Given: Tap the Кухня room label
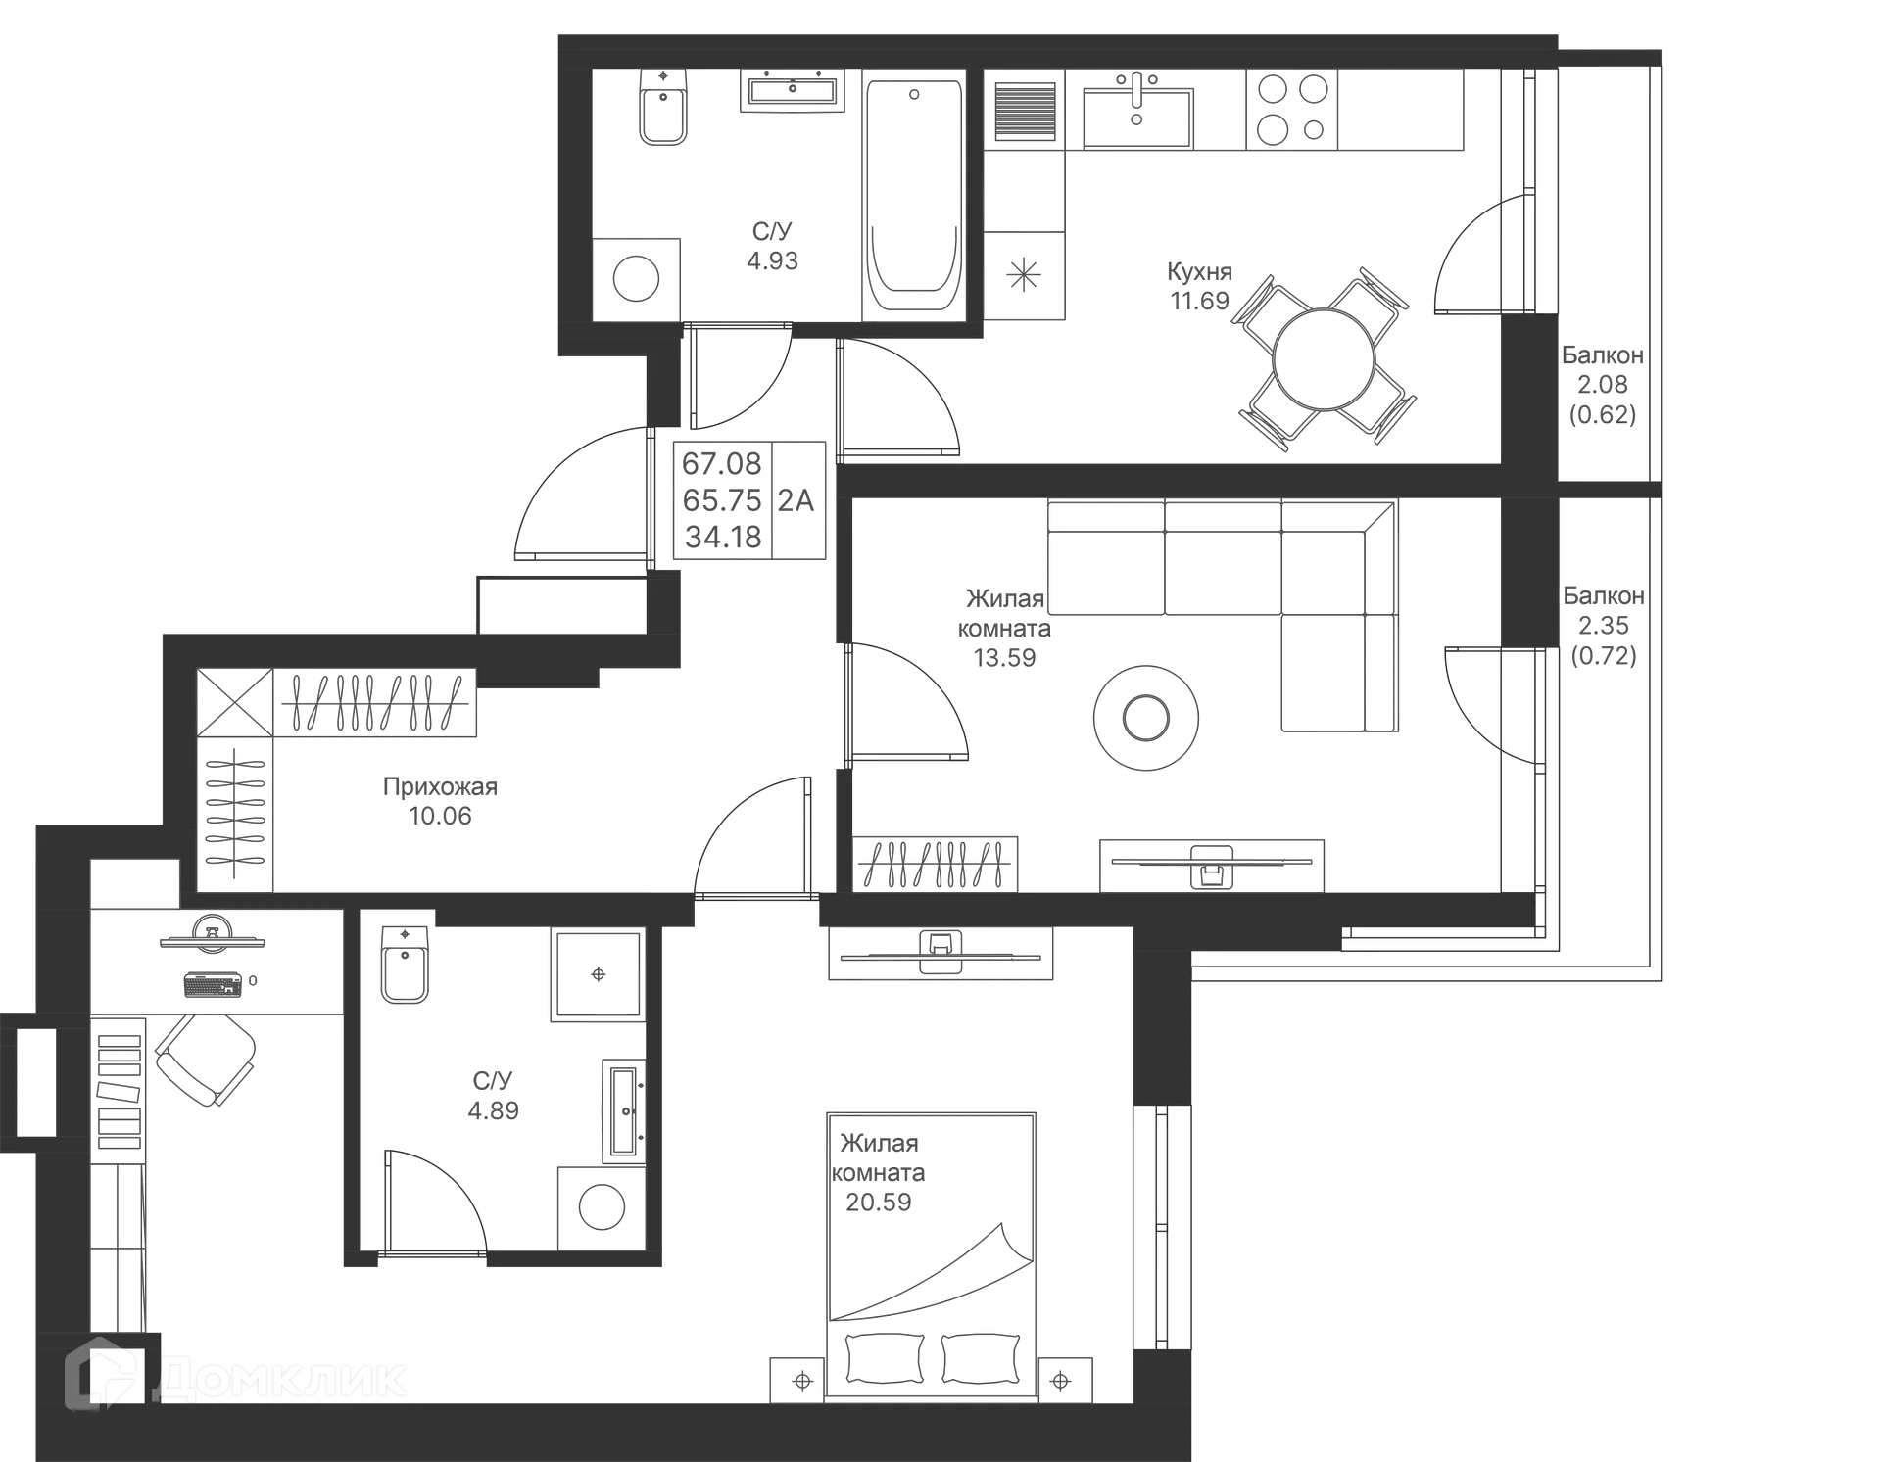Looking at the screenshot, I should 1201,271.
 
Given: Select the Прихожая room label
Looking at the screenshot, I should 441,786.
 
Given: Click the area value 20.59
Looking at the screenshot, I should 879,1201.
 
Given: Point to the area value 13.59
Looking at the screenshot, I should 1004,657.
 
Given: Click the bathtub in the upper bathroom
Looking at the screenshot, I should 912,196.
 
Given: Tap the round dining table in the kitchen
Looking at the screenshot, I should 1326,356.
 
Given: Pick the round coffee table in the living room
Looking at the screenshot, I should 1144,716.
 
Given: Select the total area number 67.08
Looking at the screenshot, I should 721,462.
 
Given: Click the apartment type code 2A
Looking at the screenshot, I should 796,501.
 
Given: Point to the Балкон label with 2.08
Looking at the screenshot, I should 1603,356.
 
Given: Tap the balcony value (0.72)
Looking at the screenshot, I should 1603,655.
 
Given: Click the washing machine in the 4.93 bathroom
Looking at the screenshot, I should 637,277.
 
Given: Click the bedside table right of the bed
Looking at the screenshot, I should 1065,1380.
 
